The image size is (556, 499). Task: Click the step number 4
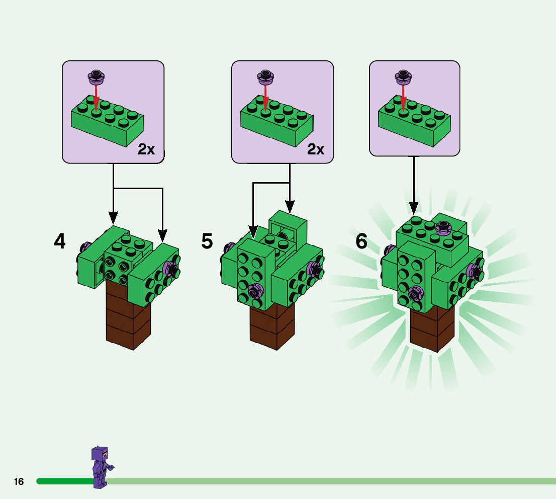pyautogui.click(x=60, y=242)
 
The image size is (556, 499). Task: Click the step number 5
pyautogui.click(x=207, y=242)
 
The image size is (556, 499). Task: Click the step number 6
pyautogui.click(x=361, y=242)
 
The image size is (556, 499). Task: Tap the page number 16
pyautogui.click(x=19, y=482)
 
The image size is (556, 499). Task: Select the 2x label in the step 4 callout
pyautogui.click(x=146, y=149)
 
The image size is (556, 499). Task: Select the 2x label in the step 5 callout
pyautogui.click(x=316, y=149)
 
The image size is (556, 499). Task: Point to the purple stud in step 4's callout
pyautogui.click(x=96, y=77)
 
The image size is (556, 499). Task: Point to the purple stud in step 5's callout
pyautogui.click(x=265, y=77)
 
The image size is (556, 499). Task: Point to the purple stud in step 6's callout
pyautogui.click(x=403, y=77)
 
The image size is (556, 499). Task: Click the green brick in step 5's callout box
pyautogui.click(x=276, y=122)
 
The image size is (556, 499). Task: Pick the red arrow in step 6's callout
pyautogui.click(x=403, y=98)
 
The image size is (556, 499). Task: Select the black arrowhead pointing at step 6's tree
pyautogui.click(x=414, y=207)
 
